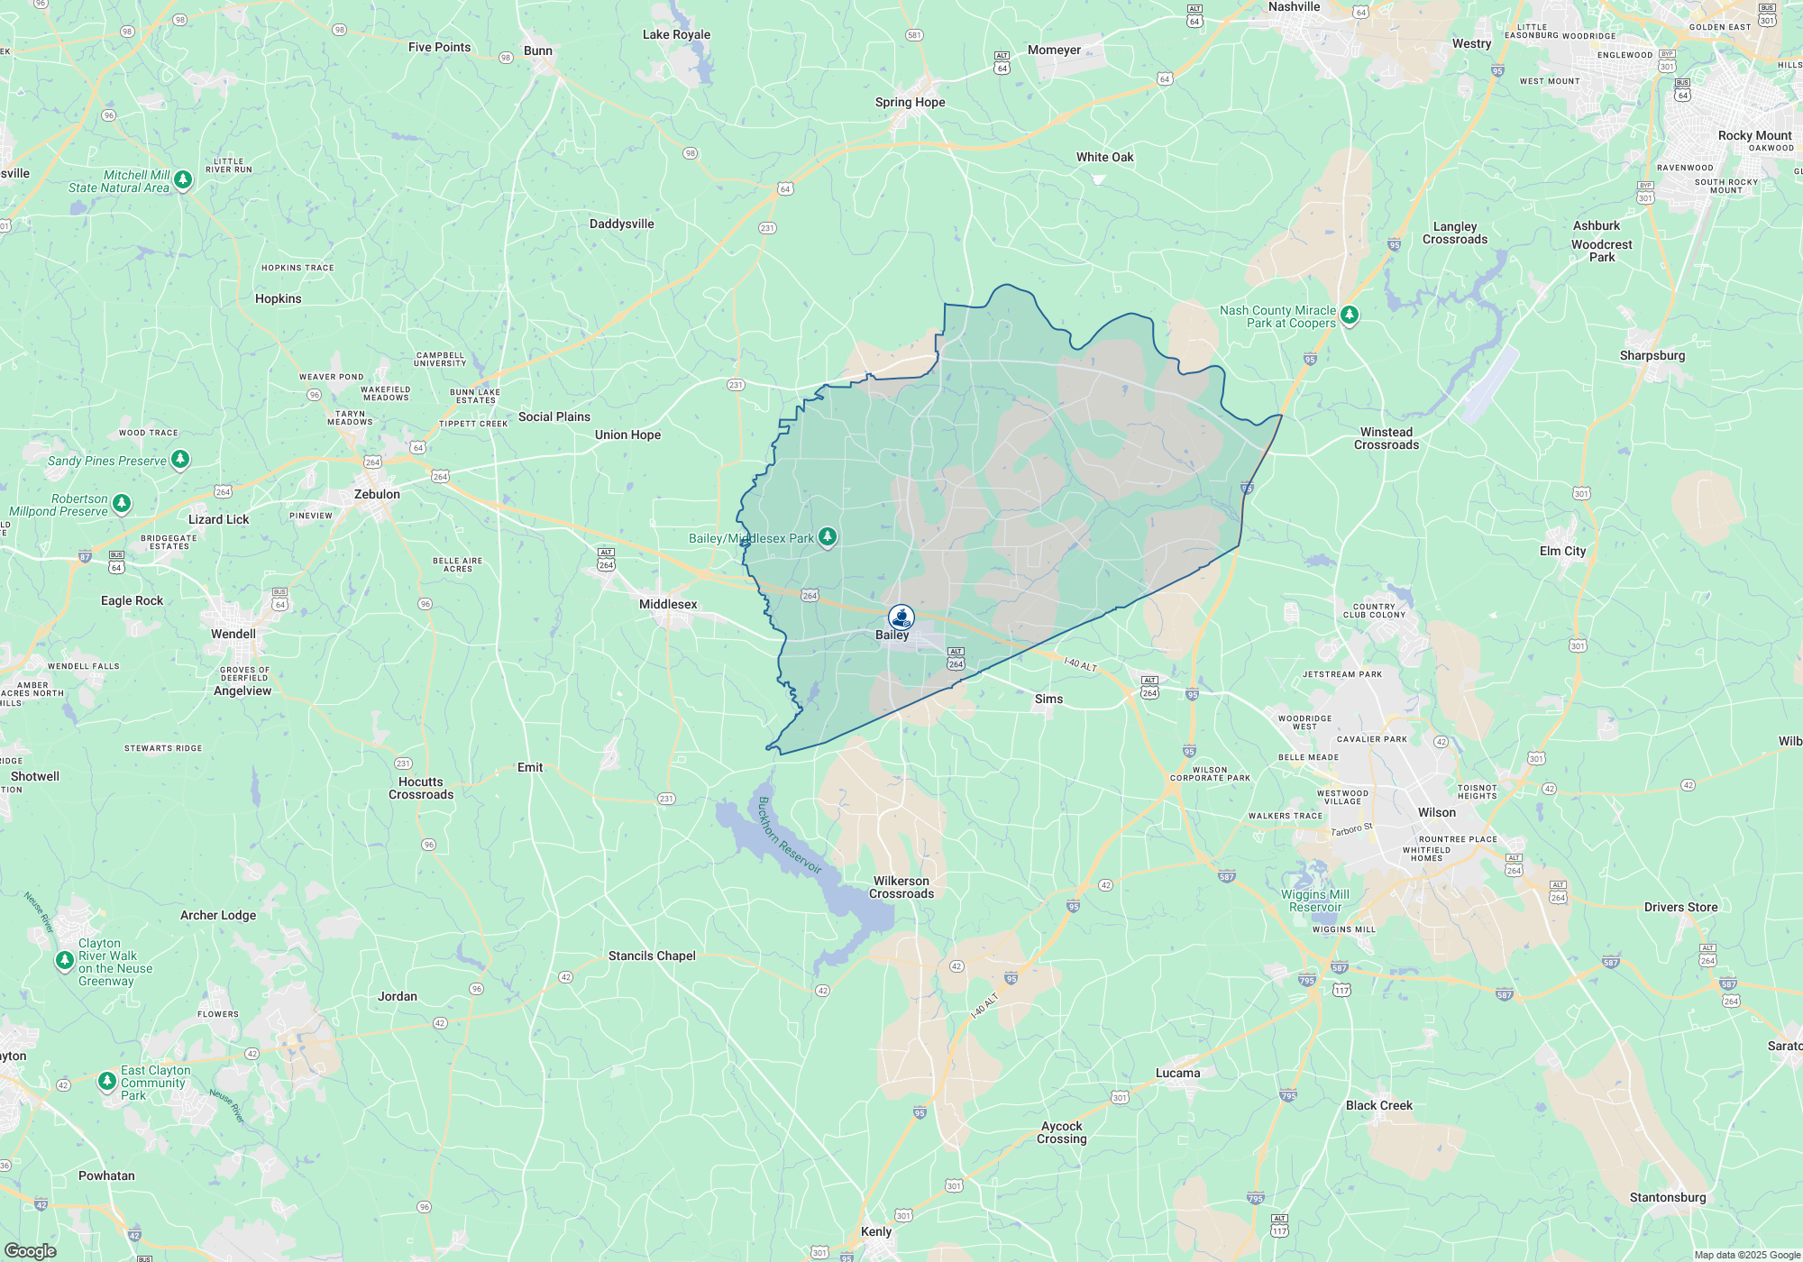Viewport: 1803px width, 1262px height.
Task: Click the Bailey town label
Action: [892, 636]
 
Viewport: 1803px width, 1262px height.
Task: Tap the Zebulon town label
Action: [377, 495]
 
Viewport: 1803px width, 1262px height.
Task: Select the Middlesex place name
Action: [668, 605]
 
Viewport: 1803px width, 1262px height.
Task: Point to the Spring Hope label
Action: [910, 103]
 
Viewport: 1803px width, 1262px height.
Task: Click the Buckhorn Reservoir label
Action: [790, 836]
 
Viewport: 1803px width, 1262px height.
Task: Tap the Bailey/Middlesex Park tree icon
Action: [828, 537]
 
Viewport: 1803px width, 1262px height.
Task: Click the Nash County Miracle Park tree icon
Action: [1350, 315]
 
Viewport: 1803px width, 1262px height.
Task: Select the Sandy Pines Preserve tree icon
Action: [180, 460]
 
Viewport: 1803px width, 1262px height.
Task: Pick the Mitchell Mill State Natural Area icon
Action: [183, 180]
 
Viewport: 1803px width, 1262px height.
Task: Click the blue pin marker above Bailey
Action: [901, 617]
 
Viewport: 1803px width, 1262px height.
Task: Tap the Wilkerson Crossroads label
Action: [901, 888]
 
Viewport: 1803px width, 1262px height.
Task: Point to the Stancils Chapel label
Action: [652, 956]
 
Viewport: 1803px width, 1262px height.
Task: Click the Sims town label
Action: [1048, 700]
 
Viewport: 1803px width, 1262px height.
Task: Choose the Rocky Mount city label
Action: [1754, 136]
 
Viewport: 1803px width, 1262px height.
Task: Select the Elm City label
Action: [1562, 552]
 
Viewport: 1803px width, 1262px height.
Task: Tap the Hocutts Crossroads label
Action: [421, 789]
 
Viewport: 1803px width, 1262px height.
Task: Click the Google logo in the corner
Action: [30, 1251]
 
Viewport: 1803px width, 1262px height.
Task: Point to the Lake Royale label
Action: [676, 35]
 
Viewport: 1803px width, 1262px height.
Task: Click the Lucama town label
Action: [1177, 1074]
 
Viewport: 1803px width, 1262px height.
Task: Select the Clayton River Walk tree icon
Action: [64, 961]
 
